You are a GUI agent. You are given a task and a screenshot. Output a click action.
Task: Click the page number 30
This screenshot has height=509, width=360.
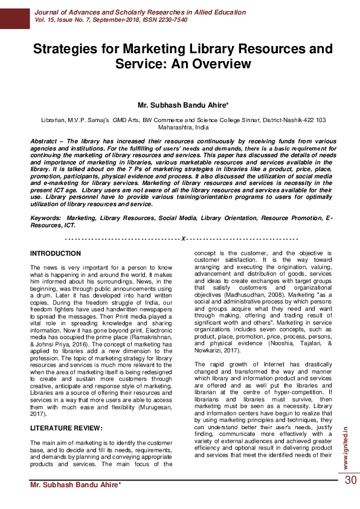350,480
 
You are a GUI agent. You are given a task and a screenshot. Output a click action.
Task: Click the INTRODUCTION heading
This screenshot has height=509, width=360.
56,253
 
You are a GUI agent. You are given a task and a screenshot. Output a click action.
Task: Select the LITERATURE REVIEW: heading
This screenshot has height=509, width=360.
66,428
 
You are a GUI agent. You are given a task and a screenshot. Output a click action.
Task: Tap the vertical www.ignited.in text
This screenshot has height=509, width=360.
345,447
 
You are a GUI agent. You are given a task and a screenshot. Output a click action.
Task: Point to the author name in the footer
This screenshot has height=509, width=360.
76,485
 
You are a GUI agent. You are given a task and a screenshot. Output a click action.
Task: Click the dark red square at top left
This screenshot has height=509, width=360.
14,14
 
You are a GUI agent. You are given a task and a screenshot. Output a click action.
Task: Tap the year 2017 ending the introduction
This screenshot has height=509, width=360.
38,415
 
